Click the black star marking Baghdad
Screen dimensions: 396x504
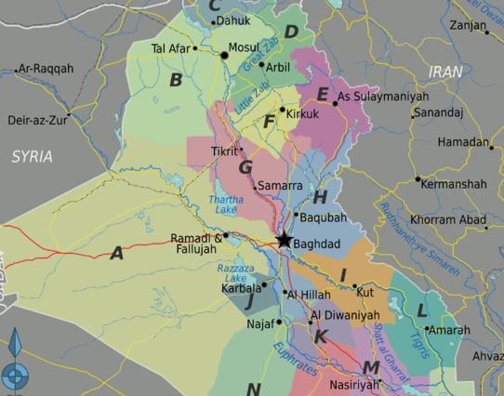click(x=284, y=242)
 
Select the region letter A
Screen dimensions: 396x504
click(x=116, y=252)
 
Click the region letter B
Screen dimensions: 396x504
click(x=175, y=80)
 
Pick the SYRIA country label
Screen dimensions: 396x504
click(x=33, y=156)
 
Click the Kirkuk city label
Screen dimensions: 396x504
click(x=303, y=113)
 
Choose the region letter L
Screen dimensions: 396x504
click(x=421, y=310)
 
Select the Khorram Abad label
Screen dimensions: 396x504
click(x=447, y=219)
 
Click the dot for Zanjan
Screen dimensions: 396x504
click(x=486, y=33)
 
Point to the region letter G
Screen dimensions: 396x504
click(x=245, y=167)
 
